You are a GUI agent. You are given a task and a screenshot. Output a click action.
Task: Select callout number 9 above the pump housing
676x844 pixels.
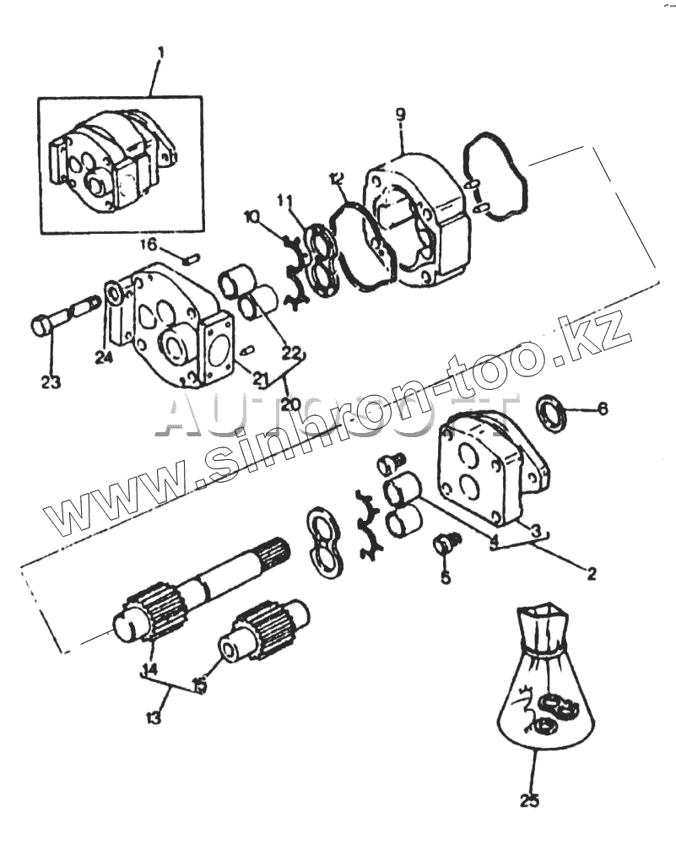point(401,115)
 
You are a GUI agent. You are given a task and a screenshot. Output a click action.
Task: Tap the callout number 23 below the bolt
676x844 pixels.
point(51,382)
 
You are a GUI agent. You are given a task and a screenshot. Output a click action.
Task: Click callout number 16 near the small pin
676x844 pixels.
point(149,245)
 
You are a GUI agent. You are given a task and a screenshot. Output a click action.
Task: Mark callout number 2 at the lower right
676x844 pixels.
point(591,574)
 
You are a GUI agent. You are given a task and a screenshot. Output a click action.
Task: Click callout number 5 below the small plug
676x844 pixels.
point(445,578)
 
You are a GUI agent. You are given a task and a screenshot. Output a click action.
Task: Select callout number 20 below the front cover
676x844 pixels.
point(290,403)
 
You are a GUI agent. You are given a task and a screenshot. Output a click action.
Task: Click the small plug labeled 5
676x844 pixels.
point(445,544)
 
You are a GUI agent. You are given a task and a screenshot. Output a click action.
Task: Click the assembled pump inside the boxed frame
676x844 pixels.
point(114,162)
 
